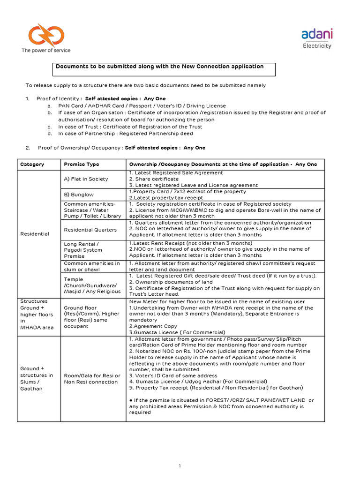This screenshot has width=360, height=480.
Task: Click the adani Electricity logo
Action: pyautogui.click(x=317, y=38)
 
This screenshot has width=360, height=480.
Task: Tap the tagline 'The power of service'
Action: pyautogui.click(x=46, y=50)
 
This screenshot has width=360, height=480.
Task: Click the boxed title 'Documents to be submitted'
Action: pyautogui.click(x=163, y=67)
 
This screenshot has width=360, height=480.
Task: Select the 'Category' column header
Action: pyautogui.click(x=32, y=164)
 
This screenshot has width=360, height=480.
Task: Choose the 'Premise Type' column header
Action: pyautogui.click(x=81, y=164)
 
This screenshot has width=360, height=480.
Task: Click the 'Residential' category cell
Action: pyautogui.click(x=34, y=233)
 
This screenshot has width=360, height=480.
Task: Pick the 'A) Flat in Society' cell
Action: pyautogui.click(x=86, y=179)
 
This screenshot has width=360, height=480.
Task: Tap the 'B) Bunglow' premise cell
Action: pyautogui.click(x=79, y=195)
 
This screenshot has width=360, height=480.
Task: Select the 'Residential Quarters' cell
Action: pyautogui.click(x=90, y=230)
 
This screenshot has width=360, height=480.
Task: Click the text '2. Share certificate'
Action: pyautogui.click(x=154, y=179)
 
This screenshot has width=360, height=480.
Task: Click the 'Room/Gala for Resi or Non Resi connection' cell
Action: pyautogui.click(x=92, y=379)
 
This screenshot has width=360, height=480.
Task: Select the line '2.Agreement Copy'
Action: pyautogui.click(x=153, y=325)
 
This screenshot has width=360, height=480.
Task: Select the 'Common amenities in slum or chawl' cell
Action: pyautogui.click(x=92, y=267)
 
